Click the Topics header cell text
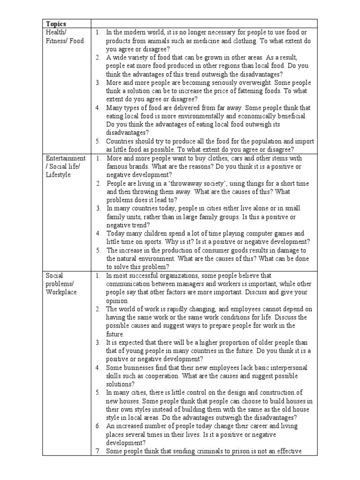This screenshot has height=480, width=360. point(56,23)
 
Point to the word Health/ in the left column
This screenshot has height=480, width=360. point(56,32)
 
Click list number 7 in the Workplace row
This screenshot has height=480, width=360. point(97,451)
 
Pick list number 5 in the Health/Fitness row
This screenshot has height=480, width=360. point(97,141)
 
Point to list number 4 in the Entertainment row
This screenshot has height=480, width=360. point(97,233)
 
